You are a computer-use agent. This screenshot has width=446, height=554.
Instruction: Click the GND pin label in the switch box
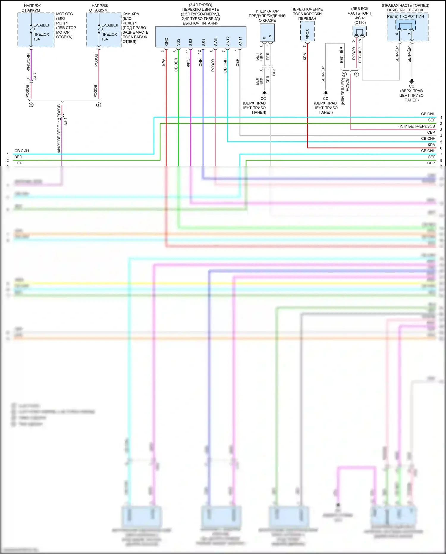click(x=167, y=42)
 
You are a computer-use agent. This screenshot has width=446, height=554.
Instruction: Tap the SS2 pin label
click(x=178, y=42)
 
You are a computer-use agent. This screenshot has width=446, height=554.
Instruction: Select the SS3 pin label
click(x=191, y=42)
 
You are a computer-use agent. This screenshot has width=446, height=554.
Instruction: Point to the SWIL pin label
click(x=216, y=41)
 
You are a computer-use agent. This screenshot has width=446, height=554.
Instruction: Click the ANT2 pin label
click(x=228, y=41)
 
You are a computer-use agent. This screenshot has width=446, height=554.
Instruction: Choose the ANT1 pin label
click(x=240, y=41)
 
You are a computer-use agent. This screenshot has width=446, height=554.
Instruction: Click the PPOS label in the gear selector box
click(x=307, y=35)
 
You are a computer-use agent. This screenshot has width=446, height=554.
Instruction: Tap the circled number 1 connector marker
click(x=99, y=105)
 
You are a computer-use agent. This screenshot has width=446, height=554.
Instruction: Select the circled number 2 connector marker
click(x=31, y=105)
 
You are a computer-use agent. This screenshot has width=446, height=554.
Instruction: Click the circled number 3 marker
click(x=344, y=74)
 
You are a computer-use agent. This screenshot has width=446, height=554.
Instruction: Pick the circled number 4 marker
click(x=357, y=74)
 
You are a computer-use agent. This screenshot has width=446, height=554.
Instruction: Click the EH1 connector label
click(x=65, y=121)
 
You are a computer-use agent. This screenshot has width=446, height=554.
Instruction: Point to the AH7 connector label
click(x=35, y=76)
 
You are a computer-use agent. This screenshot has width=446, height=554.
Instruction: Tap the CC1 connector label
click(x=274, y=72)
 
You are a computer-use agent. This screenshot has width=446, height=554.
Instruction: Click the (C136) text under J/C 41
click(x=360, y=23)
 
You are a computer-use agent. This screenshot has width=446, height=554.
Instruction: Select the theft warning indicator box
click(x=267, y=32)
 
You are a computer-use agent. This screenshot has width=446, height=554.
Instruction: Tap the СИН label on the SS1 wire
click(x=201, y=62)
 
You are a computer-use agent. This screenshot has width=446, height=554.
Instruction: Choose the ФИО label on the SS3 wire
click(x=188, y=62)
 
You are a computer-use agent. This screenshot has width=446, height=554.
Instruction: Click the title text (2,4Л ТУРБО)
click(x=200, y=5)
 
